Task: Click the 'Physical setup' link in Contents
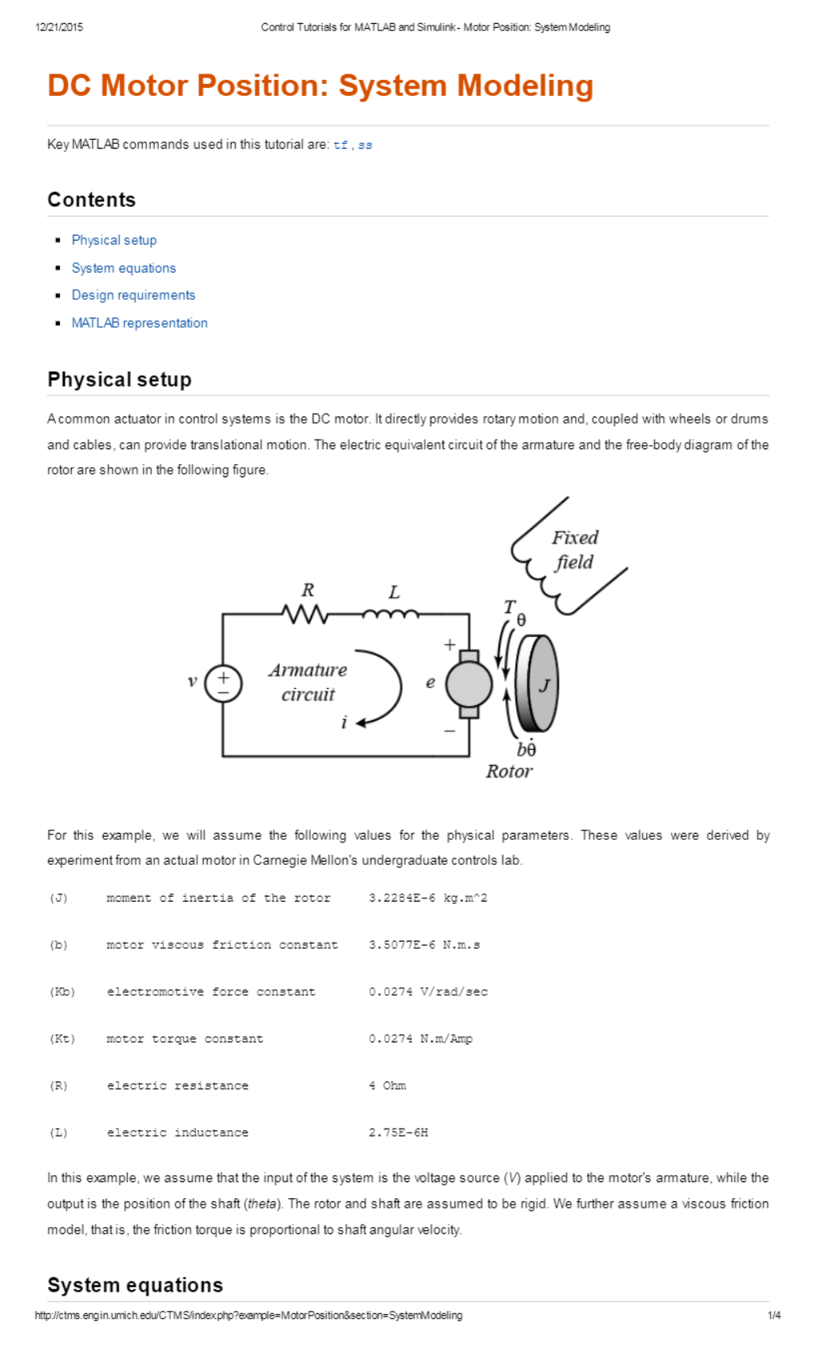[113, 240]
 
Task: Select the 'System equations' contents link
[123, 268]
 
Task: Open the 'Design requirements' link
[133, 295]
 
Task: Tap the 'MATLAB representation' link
[139, 323]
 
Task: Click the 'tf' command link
[340, 145]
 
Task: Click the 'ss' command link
[364, 145]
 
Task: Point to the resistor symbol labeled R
[304, 614]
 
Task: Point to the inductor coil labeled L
[390, 613]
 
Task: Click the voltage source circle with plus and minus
[224, 684]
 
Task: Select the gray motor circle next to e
[468, 685]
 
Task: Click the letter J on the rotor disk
[545, 685]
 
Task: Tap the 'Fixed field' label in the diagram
[574, 550]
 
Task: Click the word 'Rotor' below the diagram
[509, 771]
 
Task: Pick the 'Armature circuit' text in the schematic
[308, 682]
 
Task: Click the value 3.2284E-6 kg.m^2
[427, 898]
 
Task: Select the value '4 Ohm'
[387, 1085]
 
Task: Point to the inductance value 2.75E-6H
[398, 1133]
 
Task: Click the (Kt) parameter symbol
[62, 1039]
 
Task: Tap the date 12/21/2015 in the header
[59, 27]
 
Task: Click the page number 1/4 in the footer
[774, 1315]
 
